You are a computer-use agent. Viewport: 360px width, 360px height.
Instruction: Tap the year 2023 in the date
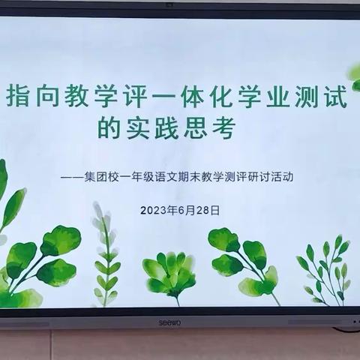pyautogui.click(x=154, y=211)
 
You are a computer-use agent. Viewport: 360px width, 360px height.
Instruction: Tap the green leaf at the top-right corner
pyautogui.click(x=353, y=73)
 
